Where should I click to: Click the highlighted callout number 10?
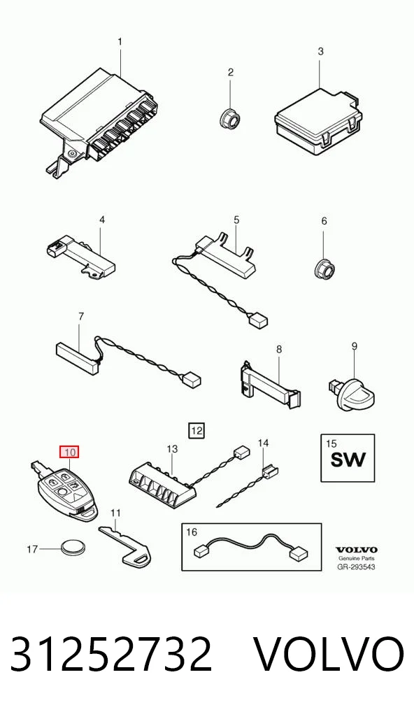[69, 452]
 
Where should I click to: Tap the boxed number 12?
[197, 430]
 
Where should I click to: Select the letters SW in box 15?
[348, 460]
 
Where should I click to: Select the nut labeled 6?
[324, 270]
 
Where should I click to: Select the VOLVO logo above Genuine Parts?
[357, 550]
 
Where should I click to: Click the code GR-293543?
[357, 567]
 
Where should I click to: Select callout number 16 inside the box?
[192, 532]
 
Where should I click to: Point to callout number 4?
[102, 220]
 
